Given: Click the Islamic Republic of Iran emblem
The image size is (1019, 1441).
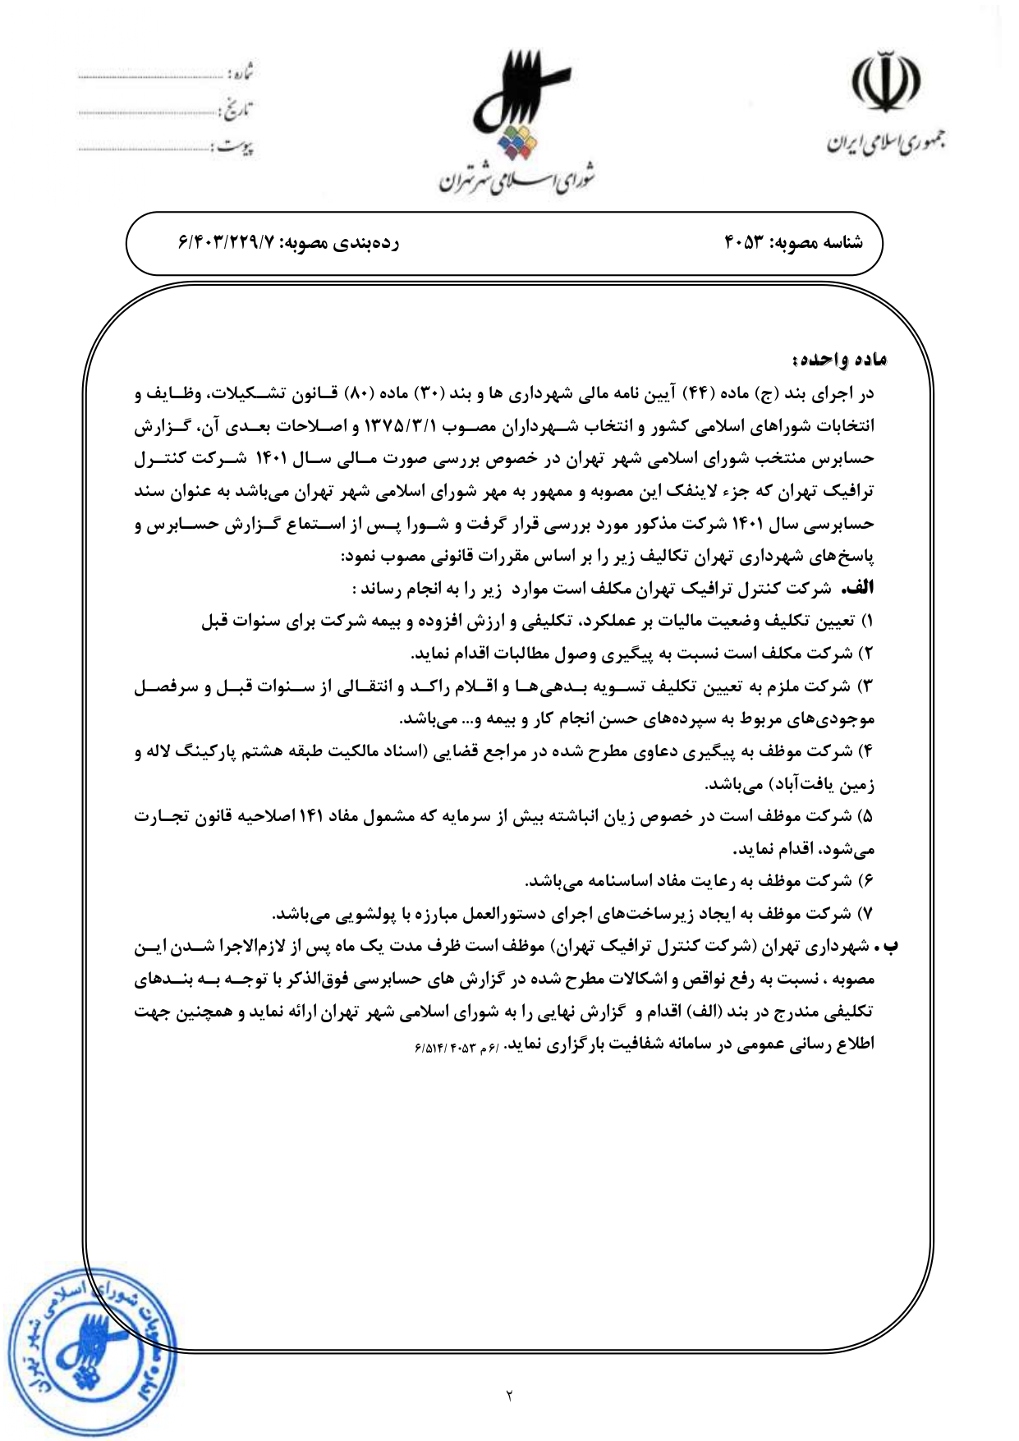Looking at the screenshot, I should coord(884,82).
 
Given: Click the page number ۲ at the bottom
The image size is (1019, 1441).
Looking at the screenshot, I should coord(509,1395).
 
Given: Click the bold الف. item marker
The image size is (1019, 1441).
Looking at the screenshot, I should coord(861,589).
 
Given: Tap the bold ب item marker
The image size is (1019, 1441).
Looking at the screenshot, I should coord(889,946).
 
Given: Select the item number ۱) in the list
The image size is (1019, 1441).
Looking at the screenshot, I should coord(867,622).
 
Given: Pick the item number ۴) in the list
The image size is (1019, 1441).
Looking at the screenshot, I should coord(867,751).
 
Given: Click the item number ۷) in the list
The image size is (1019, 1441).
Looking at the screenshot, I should coord(867,914).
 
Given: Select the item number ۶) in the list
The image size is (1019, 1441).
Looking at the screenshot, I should coord(867,881).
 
